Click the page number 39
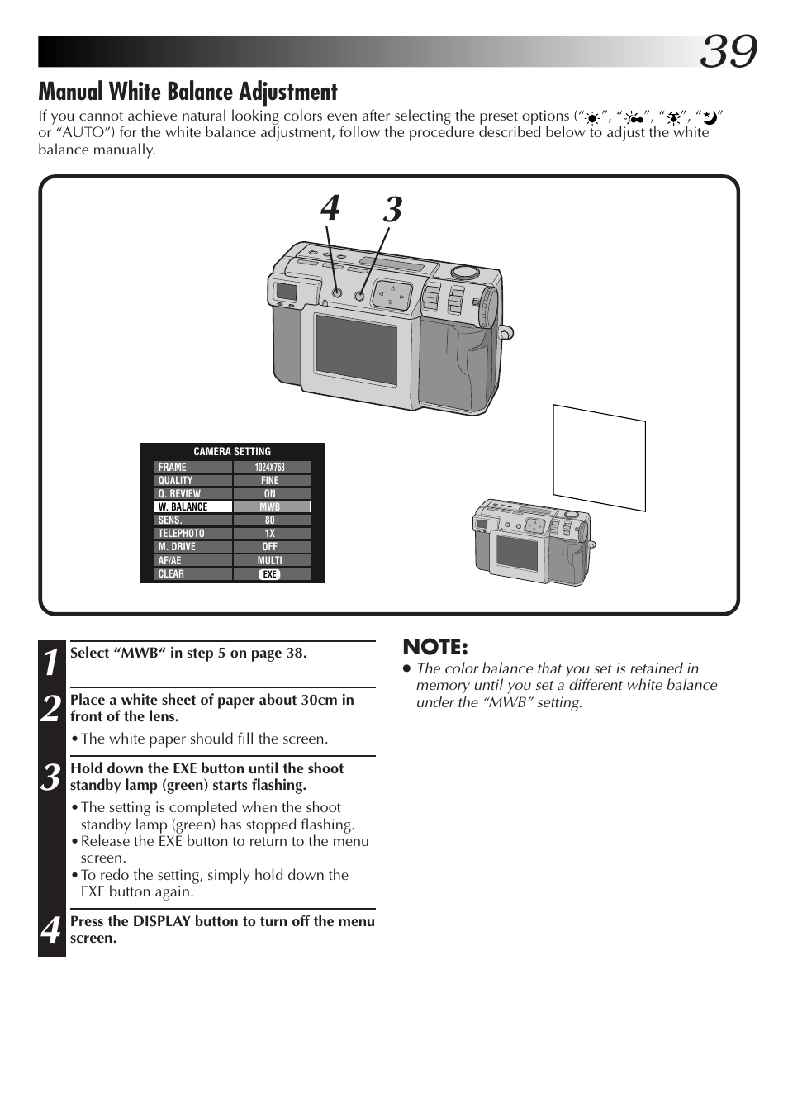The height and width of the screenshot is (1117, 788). coord(728,51)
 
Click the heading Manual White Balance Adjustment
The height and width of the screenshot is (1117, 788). coord(188,92)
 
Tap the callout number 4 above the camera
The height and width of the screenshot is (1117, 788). coord(330,209)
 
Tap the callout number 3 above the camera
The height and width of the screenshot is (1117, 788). coord(392,210)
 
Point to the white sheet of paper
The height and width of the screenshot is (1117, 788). coord(599,456)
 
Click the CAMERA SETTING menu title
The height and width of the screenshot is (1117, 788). coord(232,452)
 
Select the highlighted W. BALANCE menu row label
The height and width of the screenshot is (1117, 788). coord(192,507)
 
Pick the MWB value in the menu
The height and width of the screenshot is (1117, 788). coord(270,507)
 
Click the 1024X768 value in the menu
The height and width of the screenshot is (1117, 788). coord(270,467)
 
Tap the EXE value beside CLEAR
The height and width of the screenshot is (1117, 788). coord(270,574)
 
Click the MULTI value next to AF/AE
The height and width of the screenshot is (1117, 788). coord(270,560)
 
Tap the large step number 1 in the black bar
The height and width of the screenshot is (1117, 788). coord(51,662)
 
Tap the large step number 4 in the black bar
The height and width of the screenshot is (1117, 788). coord(51,930)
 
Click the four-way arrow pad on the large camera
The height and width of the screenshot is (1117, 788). coord(392,295)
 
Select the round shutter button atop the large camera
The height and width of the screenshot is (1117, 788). coord(464,271)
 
